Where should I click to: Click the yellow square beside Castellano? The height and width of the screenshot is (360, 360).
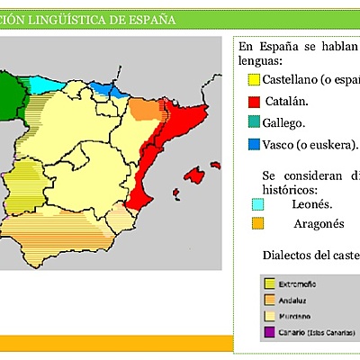[255, 80]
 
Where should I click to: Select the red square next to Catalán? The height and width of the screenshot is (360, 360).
[255, 102]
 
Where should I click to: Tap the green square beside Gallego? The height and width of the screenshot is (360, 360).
[255, 123]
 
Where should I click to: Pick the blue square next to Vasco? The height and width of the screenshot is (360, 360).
[255, 144]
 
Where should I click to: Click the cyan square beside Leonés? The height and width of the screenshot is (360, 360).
[257, 204]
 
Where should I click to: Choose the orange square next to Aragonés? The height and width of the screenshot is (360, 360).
[257, 223]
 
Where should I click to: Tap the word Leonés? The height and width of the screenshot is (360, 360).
[310, 204]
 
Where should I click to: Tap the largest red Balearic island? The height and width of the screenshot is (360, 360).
[192, 175]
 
